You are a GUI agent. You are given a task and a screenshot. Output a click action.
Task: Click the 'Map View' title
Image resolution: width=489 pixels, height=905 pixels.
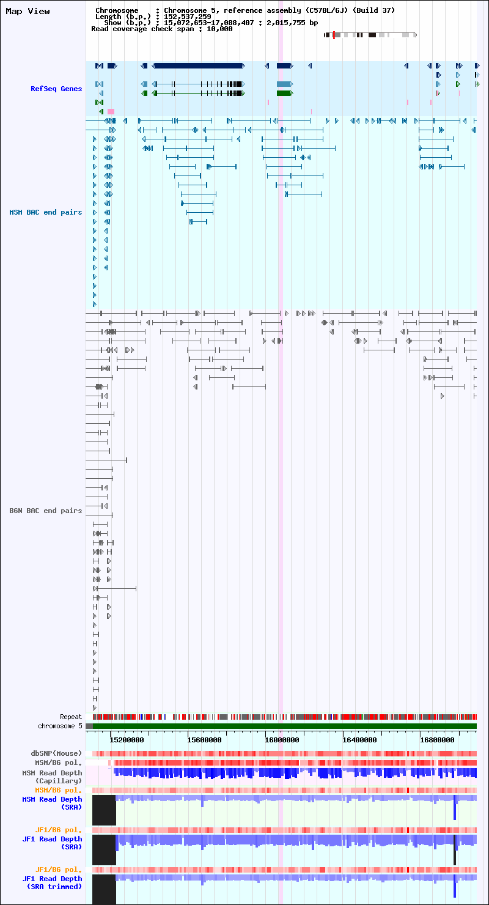(28, 11)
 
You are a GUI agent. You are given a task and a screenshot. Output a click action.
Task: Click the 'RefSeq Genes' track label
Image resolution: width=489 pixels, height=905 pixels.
(56, 89)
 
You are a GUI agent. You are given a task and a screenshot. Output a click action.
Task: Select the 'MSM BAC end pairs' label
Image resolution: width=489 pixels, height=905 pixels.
(46, 213)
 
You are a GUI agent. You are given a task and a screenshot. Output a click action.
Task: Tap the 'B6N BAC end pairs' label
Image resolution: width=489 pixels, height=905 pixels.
(46, 511)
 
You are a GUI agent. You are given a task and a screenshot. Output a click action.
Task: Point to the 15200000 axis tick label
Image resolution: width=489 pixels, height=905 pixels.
(127, 740)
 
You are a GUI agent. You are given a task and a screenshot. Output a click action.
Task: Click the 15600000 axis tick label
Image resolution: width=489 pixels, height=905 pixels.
(204, 740)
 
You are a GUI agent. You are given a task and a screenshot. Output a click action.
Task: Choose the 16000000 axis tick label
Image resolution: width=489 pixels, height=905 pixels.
(282, 740)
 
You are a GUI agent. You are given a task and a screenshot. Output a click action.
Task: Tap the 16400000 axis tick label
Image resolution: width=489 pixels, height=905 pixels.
(359, 740)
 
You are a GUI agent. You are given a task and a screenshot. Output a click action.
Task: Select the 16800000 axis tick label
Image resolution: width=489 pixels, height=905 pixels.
(437, 740)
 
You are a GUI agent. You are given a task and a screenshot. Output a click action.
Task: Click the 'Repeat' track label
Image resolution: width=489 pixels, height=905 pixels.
(71, 717)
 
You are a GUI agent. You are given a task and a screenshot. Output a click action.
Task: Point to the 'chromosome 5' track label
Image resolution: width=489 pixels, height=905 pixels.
(60, 726)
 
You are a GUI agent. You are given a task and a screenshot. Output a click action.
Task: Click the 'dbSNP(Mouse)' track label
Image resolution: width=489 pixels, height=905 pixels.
(56, 753)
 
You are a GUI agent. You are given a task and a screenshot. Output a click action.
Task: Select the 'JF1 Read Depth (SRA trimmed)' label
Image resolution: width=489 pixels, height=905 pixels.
(52, 882)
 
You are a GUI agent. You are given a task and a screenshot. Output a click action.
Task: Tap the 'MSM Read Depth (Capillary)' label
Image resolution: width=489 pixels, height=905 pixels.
(52, 777)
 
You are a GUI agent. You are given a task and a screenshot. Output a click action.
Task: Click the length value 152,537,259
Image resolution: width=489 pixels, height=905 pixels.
(188, 17)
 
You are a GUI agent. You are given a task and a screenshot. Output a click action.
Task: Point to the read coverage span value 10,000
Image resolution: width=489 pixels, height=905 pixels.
(219, 29)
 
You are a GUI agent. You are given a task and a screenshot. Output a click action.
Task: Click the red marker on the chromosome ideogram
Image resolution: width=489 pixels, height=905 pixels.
(334, 35)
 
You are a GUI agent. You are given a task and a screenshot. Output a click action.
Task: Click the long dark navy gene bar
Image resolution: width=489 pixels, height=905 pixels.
(198, 66)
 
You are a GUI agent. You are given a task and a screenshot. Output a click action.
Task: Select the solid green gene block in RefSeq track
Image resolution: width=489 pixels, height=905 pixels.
(285, 94)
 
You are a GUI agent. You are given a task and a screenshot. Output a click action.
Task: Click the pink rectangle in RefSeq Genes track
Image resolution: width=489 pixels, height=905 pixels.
(111, 111)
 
